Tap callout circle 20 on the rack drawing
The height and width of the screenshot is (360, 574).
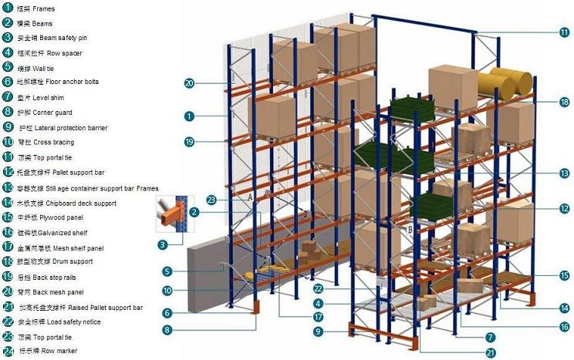tap(189, 82)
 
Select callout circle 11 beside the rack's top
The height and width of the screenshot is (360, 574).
tap(564, 32)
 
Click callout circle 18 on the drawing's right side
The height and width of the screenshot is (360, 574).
tap(564, 101)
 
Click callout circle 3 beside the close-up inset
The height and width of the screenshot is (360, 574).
tap(163, 245)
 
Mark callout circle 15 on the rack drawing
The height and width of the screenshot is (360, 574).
tap(564, 274)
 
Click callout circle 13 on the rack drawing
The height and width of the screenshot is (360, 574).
tap(564, 174)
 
